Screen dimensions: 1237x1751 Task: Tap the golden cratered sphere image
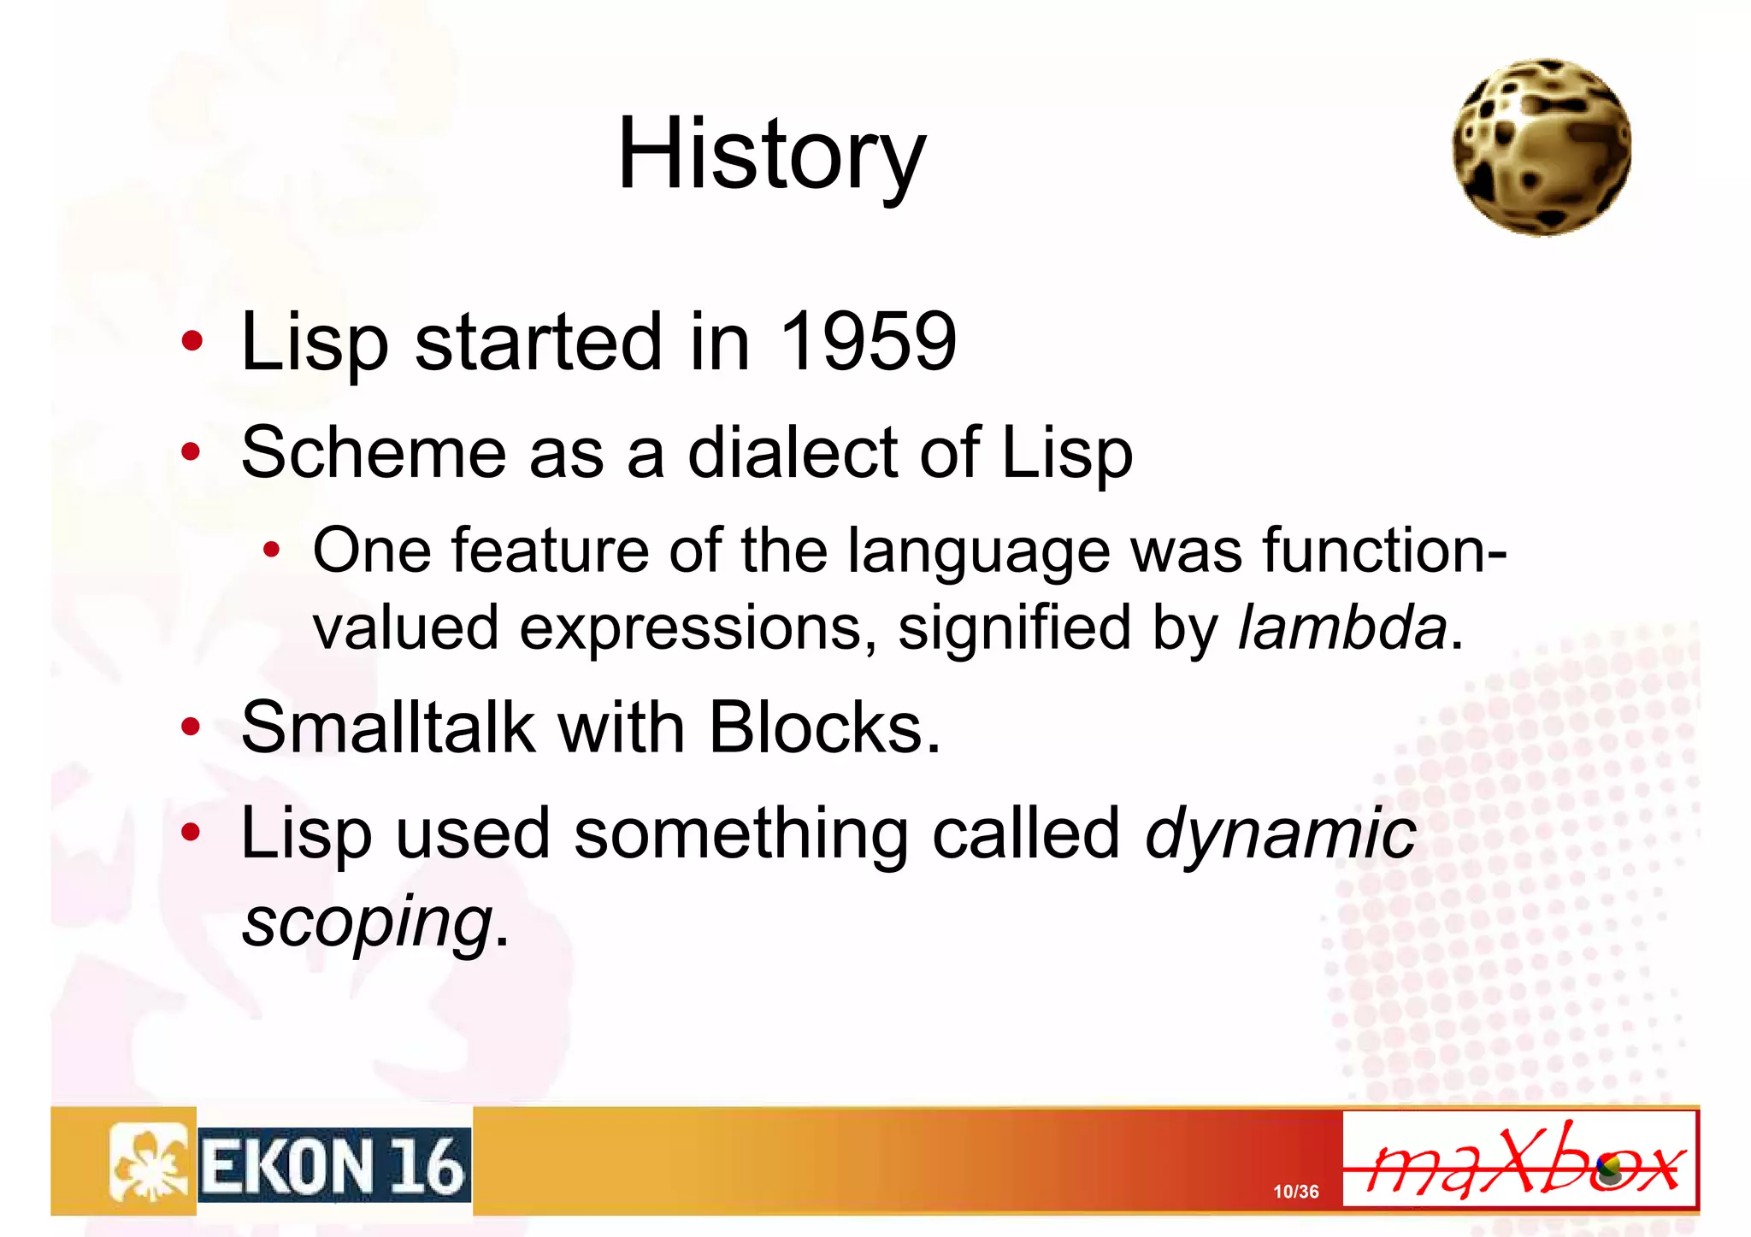(1542, 147)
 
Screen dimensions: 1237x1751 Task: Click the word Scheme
(374, 452)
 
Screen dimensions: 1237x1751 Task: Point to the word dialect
(792, 452)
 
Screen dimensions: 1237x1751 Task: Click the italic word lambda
(1342, 627)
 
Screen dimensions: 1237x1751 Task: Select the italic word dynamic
(1280, 835)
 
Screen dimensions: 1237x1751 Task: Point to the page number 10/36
(1295, 1192)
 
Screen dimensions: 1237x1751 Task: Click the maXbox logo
(1519, 1160)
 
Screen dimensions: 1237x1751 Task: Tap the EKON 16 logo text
(334, 1166)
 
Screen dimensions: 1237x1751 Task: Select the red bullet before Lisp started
(192, 341)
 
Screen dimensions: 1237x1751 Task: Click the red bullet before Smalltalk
(192, 727)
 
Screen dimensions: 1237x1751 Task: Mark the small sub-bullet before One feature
(271, 551)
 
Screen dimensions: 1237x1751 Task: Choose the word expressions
(698, 627)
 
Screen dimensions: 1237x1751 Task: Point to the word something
(740, 835)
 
